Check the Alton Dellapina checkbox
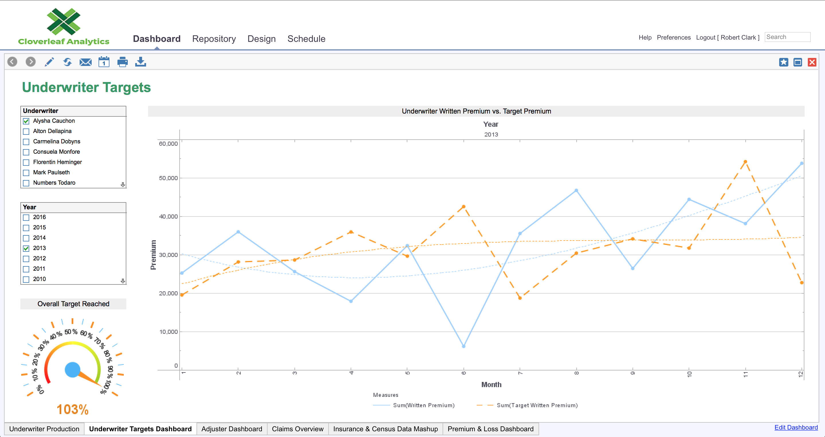point(26,131)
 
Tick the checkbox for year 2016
point(26,217)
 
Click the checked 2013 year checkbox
point(26,248)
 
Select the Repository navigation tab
point(214,39)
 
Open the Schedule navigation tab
point(306,39)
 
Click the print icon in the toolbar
point(122,62)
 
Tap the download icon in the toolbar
point(141,62)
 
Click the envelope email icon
point(86,62)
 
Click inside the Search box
point(787,37)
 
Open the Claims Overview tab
point(298,429)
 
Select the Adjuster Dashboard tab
point(231,429)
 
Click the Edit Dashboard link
point(796,427)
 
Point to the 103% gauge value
point(73,409)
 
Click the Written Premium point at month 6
point(463,346)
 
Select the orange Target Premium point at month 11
point(745,162)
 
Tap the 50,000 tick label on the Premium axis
point(168,178)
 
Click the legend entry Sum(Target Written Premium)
point(537,405)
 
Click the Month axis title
point(491,385)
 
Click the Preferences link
point(673,38)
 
